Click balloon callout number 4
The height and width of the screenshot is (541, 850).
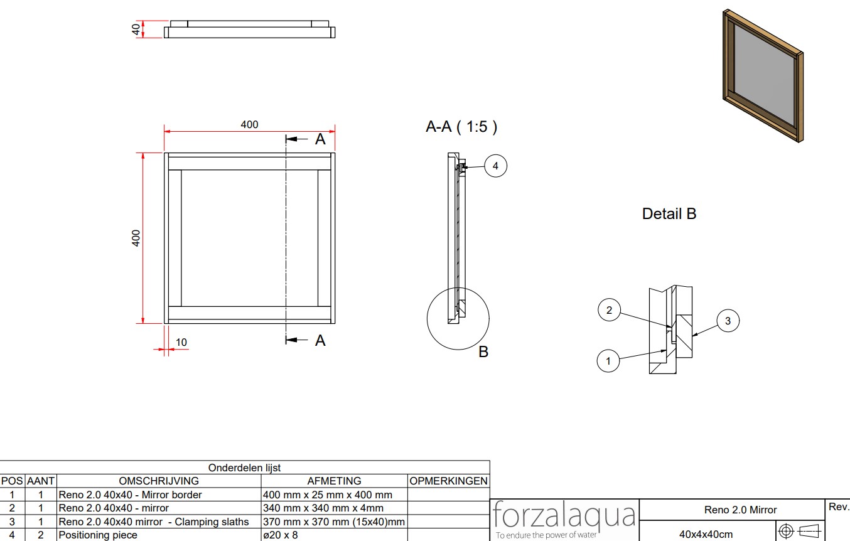[x=495, y=166]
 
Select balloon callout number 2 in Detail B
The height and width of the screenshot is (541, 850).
[x=609, y=310]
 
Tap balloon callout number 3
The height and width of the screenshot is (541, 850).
[x=728, y=321]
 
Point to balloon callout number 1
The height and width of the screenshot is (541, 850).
[x=608, y=361]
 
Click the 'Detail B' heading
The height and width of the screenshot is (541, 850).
[x=669, y=213]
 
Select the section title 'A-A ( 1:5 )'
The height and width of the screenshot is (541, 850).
[x=461, y=127]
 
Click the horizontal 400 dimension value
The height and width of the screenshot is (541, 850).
[x=249, y=124]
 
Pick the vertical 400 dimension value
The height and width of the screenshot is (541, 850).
[x=136, y=238]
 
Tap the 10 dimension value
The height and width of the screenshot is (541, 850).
[x=181, y=342]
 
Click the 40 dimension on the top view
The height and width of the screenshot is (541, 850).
[x=136, y=29]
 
